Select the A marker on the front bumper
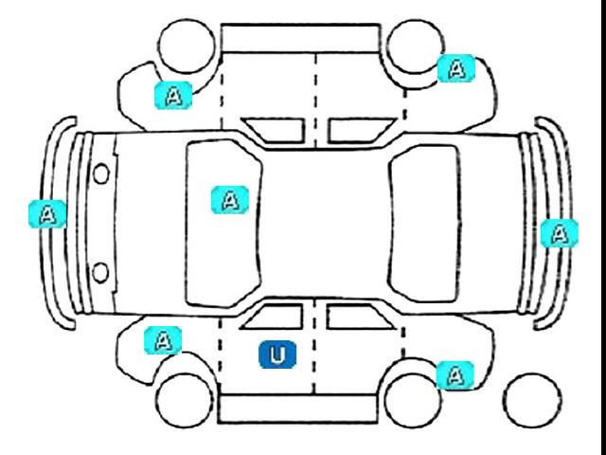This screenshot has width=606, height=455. [45, 213]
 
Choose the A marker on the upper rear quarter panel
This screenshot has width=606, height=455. [456, 68]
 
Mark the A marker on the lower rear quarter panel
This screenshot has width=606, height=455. [455, 374]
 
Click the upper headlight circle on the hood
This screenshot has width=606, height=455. [100, 173]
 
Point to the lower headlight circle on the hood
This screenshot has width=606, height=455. [100, 273]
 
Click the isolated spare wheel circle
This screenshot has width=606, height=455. [532, 403]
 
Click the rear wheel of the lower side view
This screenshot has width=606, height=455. [412, 402]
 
